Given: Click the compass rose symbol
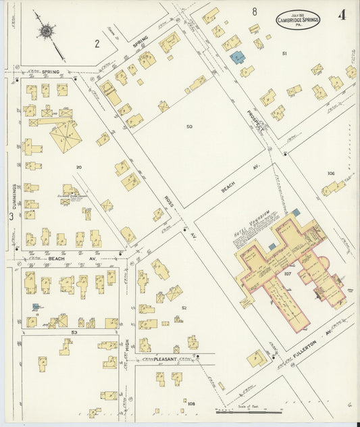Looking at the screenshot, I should (46, 31).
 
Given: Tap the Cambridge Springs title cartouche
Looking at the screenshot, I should (297, 20).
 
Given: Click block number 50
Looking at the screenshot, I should (189, 126).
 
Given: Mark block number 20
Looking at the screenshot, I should (79, 168).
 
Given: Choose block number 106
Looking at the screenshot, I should (331, 174).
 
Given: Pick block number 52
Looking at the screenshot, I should (183, 307).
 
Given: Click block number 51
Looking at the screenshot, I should (284, 53).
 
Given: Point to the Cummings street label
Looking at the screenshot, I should (13, 195).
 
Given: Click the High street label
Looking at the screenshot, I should (126, 348).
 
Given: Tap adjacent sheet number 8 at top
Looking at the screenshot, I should (255, 11).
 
